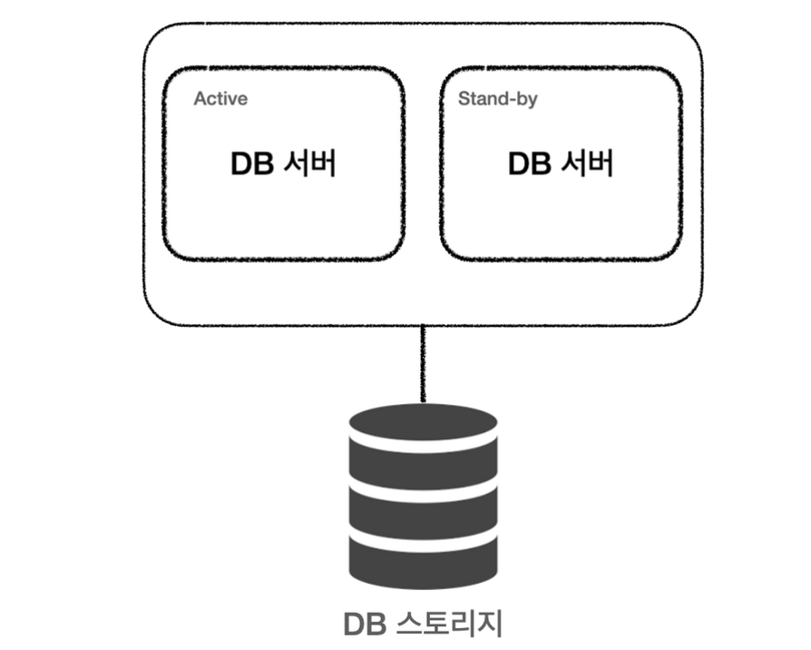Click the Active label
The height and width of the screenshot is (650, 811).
[x=220, y=98]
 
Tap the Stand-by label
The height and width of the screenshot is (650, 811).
[x=497, y=98]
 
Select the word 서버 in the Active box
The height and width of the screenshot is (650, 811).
[x=308, y=164]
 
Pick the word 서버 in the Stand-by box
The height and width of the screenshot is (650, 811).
[x=586, y=164]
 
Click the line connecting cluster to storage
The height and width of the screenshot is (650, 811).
[x=423, y=363]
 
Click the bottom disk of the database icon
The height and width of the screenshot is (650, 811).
[x=423, y=557]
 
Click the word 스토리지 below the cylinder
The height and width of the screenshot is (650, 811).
[x=450, y=625]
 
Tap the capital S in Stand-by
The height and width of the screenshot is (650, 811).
[x=464, y=98]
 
